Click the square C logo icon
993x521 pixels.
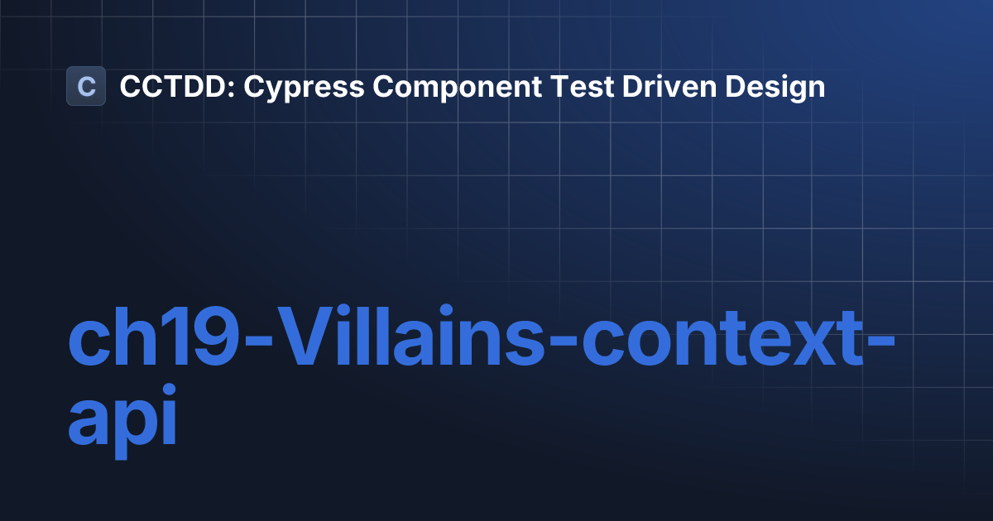(86, 86)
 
